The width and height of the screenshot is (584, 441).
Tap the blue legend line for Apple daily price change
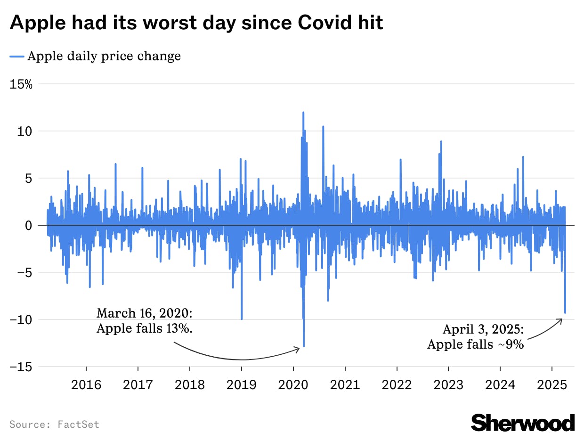[x=17, y=57]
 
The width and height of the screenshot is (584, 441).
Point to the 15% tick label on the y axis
[x=21, y=84]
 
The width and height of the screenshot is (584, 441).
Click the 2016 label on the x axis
[x=86, y=385]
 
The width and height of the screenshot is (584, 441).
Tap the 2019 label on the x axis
[x=242, y=385]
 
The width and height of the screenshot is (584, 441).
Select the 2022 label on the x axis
[x=397, y=385]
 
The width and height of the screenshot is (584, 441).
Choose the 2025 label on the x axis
[x=552, y=385]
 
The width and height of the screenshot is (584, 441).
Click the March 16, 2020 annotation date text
[x=145, y=313]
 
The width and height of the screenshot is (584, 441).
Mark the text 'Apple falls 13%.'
[x=145, y=328]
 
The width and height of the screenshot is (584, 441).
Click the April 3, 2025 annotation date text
[x=483, y=329]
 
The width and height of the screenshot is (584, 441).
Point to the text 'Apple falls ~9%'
[x=476, y=344]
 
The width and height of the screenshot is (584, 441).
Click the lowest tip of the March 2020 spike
[x=304, y=347]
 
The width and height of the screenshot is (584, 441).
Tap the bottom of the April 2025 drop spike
[x=565, y=312]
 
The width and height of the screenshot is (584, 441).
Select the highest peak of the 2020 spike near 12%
[x=303, y=113]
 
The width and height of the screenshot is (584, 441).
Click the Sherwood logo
[x=523, y=422]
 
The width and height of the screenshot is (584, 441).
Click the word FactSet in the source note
[x=79, y=425]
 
